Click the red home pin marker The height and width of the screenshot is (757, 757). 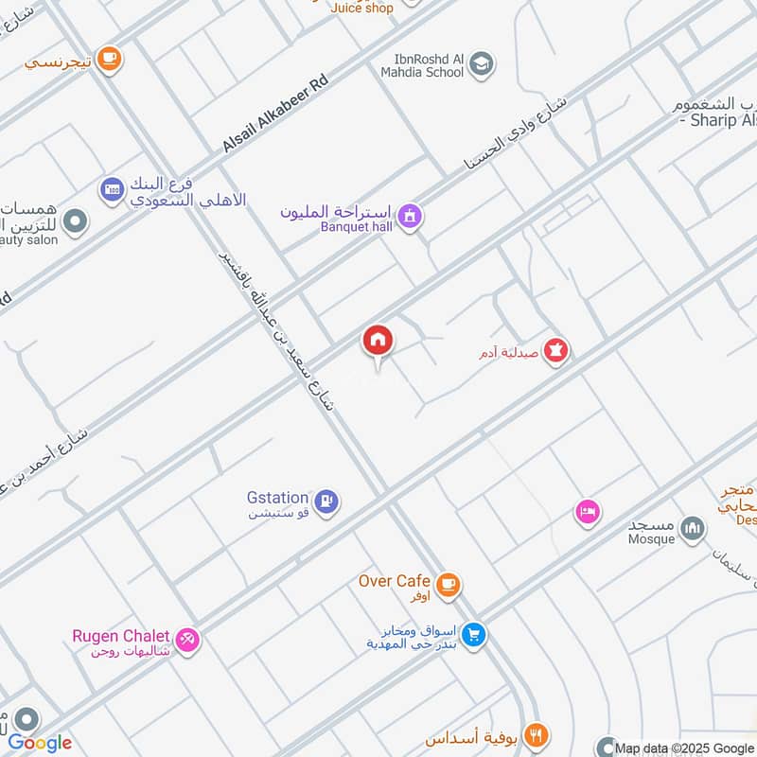tap(378, 342)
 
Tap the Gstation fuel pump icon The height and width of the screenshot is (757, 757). tap(327, 501)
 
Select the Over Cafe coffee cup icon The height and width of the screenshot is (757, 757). tap(449, 585)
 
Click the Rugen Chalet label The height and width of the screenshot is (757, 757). tap(120, 636)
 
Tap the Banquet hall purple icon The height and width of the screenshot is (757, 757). tap(409, 217)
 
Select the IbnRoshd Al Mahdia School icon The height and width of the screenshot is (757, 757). tap(482, 64)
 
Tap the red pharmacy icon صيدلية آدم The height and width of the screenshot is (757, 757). tap(557, 351)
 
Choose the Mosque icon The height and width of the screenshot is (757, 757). tap(694, 528)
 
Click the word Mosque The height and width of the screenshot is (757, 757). tap(652, 539)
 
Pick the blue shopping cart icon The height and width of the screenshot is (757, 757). tap(475, 635)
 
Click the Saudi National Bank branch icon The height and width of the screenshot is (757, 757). tap(113, 189)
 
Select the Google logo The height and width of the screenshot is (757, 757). tap(40, 743)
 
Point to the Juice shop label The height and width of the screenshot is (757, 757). tap(361, 8)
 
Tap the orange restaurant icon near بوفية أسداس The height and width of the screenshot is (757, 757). tap(537, 735)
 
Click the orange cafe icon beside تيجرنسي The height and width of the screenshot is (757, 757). tap(110, 59)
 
